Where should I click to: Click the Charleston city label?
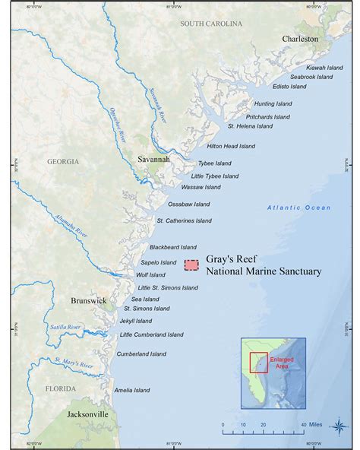pyautogui.click(x=300, y=39)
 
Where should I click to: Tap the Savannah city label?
pyautogui.click(x=156, y=160)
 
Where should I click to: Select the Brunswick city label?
pyautogui.click(x=90, y=301)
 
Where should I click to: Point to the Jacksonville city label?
pyautogui.click(x=87, y=414)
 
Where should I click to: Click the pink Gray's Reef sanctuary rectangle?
pyautogui.click(x=192, y=265)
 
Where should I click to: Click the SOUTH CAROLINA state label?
pyautogui.click(x=211, y=24)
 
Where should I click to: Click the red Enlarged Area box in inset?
pyautogui.click(x=258, y=362)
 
